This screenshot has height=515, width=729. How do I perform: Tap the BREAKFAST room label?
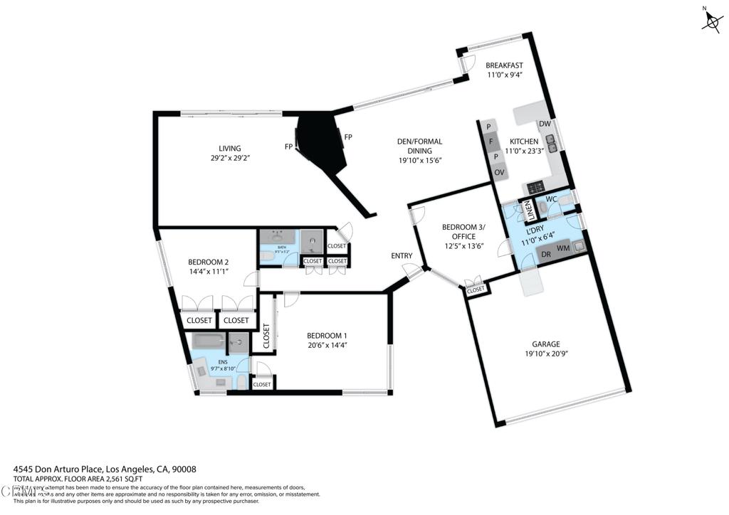(x=504, y=65)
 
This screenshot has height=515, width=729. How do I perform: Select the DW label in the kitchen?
(x=545, y=124)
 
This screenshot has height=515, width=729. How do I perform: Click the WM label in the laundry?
(x=562, y=248)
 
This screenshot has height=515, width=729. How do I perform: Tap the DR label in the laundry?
(x=546, y=255)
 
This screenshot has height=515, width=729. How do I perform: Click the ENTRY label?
(x=402, y=256)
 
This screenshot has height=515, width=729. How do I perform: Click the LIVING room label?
(x=229, y=149)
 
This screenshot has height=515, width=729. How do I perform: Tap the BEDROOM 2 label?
(x=208, y=261)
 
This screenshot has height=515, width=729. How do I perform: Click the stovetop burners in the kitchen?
(x=535, y=188)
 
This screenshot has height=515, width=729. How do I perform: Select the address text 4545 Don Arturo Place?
(x=59, y=469)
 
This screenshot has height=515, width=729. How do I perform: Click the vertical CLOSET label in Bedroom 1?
(x=266, y=336)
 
